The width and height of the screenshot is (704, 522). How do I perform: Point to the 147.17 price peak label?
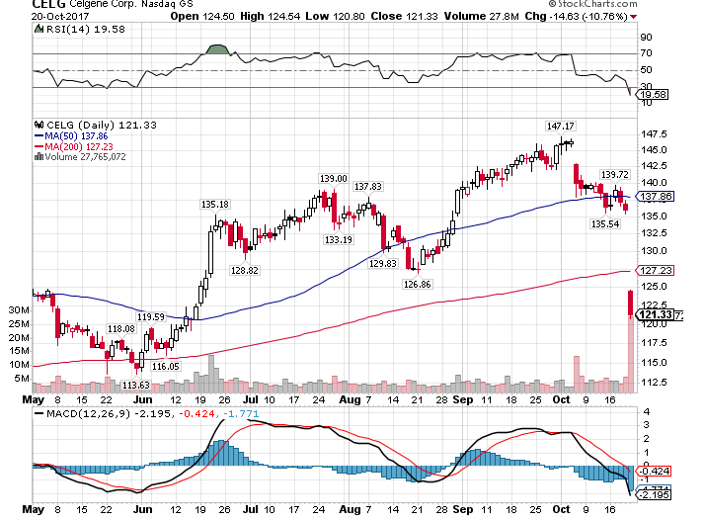pyautogui.click(x=561, y=126)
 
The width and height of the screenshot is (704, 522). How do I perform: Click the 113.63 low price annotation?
pyautogui.click(x=135, y=385)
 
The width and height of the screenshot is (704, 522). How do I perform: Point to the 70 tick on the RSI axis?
pyautogui.click(x=646, y=53)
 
